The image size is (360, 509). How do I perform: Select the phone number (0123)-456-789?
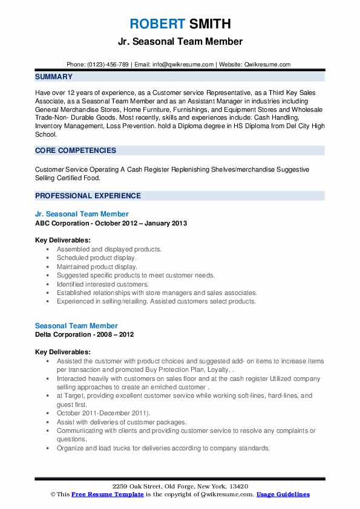107,64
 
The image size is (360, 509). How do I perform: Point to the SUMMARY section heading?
54,77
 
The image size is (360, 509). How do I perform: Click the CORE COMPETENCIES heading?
76,151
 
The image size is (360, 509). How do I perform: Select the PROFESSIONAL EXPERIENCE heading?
88,196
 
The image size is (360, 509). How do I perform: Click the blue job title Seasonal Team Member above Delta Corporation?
76,326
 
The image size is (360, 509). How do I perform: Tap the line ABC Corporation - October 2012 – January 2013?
111,223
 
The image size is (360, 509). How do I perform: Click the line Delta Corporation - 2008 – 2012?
85,335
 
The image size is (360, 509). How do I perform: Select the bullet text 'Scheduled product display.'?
97,258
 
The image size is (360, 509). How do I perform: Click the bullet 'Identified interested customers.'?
102,284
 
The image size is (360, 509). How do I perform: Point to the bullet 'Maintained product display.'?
97,266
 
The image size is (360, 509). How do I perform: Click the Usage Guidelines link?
283,494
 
